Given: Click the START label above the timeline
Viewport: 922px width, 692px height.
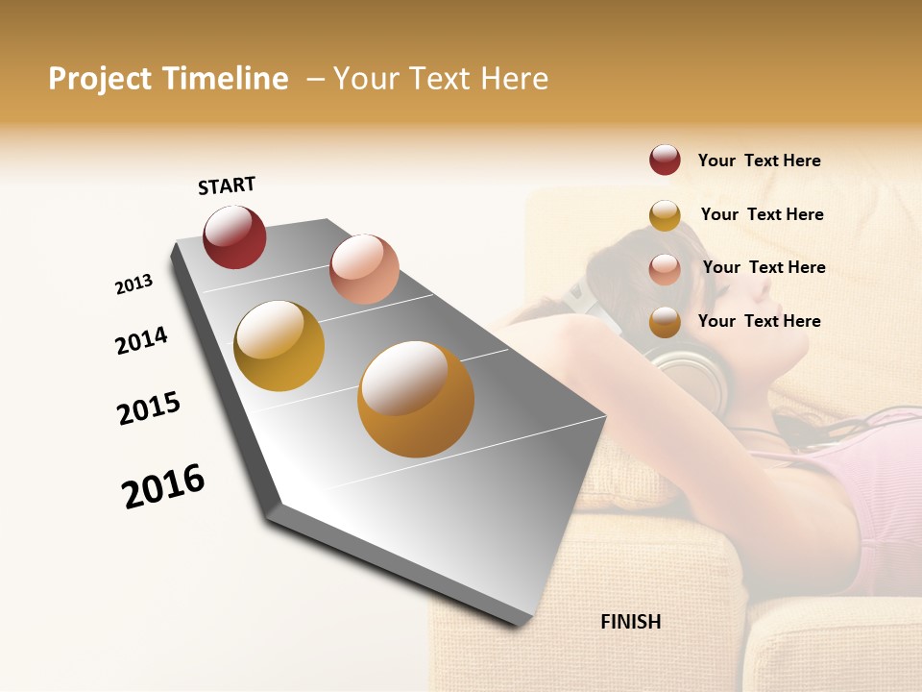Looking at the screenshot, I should [x=227, y=185].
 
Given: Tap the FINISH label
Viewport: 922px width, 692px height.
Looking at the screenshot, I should [x=630, y=622].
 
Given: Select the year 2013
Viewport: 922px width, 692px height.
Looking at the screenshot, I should [x=134, y=284].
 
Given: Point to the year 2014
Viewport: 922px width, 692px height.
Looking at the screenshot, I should [x=141, y=340].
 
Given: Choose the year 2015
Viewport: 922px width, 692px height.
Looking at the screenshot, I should [x=149, y=408].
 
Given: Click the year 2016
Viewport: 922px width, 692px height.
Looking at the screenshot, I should [x=163, y=486].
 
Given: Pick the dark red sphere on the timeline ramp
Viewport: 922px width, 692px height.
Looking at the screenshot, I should [x=234, y=236].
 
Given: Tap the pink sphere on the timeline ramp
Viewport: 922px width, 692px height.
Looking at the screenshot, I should [x=364, y=269].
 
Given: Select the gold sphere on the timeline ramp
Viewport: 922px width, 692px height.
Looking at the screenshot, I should [x=279, y=346].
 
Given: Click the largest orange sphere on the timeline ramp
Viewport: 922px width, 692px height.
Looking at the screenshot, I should [x=416, y=399].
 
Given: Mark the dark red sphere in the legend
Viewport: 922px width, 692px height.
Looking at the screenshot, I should [x=665, y=161].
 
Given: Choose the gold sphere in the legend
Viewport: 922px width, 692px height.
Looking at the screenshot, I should [x=665, y=215].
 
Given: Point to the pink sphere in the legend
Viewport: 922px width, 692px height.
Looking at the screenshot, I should [x=665, y=269].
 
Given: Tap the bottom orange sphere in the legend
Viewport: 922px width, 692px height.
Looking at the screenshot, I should [x=665, y=322].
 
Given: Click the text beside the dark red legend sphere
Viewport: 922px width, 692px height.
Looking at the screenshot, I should [x=759, y=161].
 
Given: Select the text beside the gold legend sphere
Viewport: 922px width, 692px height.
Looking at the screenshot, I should [x=762, y=214].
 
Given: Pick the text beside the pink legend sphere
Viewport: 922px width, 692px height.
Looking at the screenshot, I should [x=764, y=267].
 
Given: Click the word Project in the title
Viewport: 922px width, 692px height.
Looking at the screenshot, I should [x=100, y=79].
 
